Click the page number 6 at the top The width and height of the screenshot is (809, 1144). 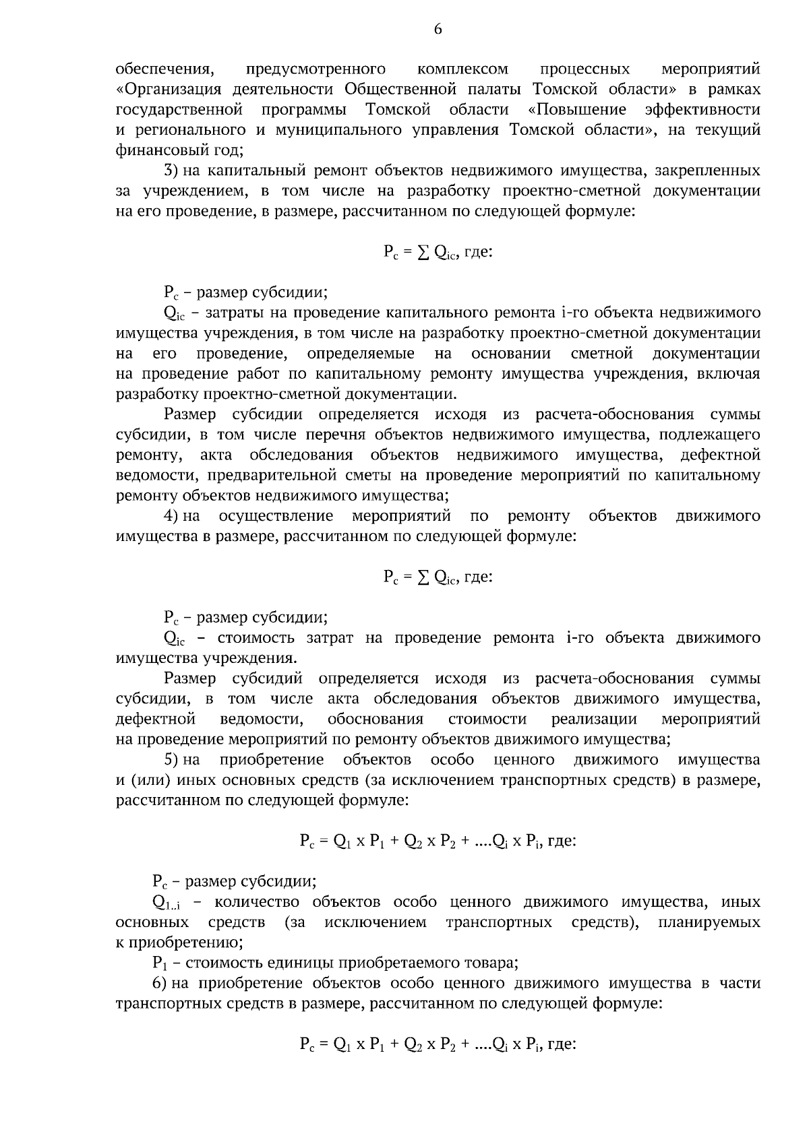coord(438,29)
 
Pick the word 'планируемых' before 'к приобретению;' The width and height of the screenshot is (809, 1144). coord(709,922)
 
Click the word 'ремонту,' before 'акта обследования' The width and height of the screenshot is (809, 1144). coord(149,455)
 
